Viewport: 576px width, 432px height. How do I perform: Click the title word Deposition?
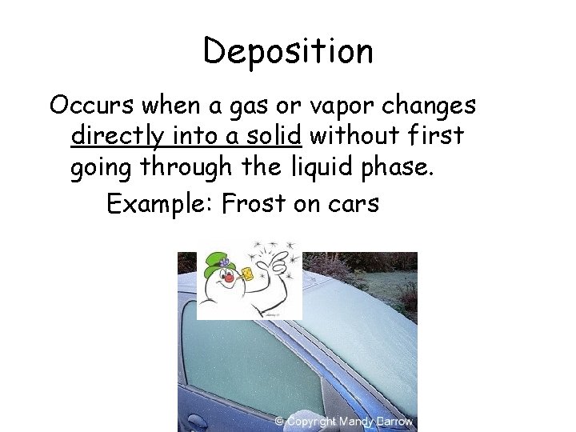(x=288, y=52)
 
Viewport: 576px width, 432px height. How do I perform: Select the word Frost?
(x=253, y=205)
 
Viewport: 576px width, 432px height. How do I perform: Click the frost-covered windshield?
(x=360, y=320)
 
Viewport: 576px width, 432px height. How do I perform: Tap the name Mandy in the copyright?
(x=357, y=421)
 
